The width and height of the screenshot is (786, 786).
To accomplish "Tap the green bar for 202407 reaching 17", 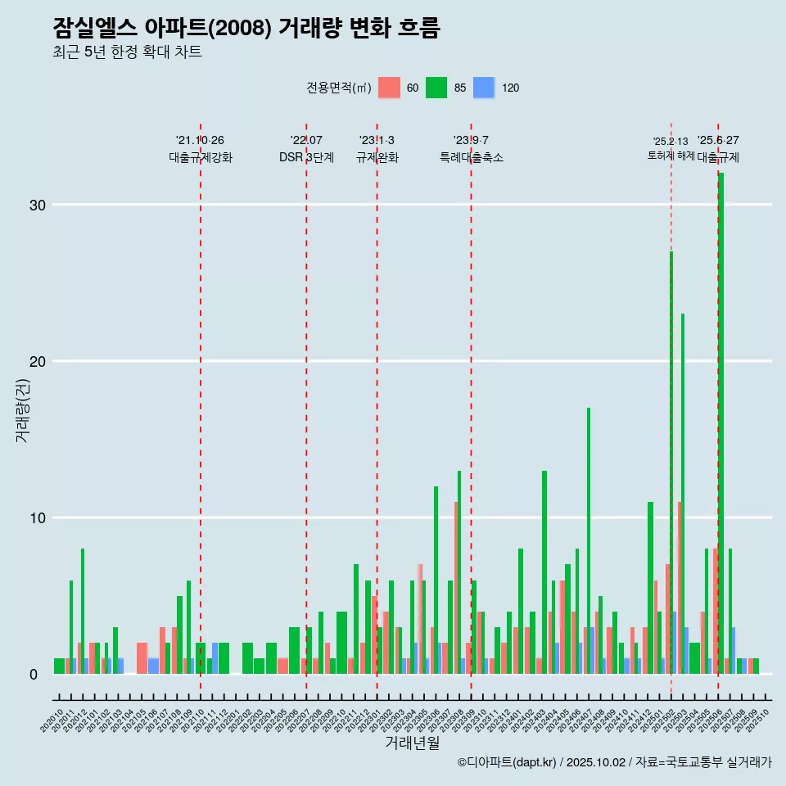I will point(588,540).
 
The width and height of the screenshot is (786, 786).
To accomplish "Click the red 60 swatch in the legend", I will point(390,88).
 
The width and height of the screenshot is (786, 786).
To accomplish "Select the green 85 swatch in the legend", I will point(436,88).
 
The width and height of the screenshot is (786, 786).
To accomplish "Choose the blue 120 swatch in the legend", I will point(485,88).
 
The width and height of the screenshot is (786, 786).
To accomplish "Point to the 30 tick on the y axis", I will point(35,205).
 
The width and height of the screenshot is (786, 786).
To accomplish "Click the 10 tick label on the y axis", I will point(35,517).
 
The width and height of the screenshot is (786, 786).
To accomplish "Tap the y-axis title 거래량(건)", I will point(22,410).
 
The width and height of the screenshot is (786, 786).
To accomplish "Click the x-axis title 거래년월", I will point(413,743).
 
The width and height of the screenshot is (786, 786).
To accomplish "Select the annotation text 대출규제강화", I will point(201,157).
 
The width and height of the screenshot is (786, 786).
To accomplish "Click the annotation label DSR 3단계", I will point(306,157).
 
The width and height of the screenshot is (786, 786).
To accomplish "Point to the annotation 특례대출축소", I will point(471,157).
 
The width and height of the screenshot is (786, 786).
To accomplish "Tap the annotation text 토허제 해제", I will point(671,155).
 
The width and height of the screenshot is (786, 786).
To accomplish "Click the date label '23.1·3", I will point(377,140).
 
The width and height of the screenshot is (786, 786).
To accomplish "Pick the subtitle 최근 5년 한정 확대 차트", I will point(127,52).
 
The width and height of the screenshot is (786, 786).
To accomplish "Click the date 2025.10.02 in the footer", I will point(595,762).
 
